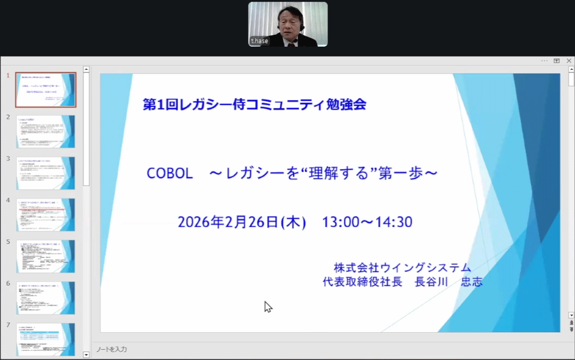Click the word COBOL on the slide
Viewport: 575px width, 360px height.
point(169,173)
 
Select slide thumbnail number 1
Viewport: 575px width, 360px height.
point(46,90)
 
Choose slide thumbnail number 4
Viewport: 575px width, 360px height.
point(46,215)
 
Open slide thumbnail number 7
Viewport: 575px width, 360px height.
point(46,339)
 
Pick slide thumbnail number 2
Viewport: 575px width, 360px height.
point(46,132)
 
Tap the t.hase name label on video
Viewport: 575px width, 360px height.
point(259,41)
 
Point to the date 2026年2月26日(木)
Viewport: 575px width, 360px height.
point(242,222)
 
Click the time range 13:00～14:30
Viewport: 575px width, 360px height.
point(367,222)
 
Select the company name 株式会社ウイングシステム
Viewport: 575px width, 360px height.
point(402,268)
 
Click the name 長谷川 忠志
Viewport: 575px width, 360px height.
point(449,282)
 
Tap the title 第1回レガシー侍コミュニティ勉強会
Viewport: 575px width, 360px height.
point(254,104)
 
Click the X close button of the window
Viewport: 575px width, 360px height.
point(569,61)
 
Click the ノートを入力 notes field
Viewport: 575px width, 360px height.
point(112,350)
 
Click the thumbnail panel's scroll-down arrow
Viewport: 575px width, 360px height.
point(86,355)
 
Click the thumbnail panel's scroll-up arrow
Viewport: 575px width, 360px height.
point(86,70)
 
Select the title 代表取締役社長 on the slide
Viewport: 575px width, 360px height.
point(362,282)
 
